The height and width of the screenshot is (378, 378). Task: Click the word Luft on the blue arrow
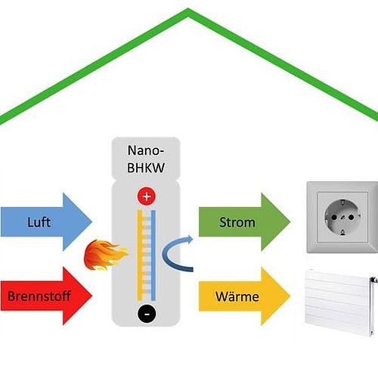pos(39,222)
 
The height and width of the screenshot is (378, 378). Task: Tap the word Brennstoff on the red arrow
pos(39,296)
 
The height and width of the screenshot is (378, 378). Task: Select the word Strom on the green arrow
pos(237,222)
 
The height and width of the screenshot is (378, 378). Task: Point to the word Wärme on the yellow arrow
pos(237,296)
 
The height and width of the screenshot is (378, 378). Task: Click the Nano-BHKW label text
pos(146,159)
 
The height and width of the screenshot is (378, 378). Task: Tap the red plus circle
pos(147,197)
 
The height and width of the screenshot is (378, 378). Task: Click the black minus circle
pos(147,314)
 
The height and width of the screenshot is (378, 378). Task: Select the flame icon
pos(106,255)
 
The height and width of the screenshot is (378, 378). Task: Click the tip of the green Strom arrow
pos(290,222)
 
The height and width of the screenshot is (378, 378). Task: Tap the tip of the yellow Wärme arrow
pos(290,296)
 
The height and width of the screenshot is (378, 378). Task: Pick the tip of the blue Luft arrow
pos(92,222)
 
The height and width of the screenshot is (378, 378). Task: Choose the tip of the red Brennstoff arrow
pos(92,296)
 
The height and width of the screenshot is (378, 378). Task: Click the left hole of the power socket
pos(334,217)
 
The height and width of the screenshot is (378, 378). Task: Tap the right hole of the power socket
pos(351,217)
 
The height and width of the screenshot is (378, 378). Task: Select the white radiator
pos(341,302)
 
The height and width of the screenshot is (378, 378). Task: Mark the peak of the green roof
pos(187,10)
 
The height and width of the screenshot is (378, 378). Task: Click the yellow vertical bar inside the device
pos(140,255)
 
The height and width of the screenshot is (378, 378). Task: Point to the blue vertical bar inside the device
pos(153,255)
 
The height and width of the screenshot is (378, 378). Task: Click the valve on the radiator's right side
pos(374,280)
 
